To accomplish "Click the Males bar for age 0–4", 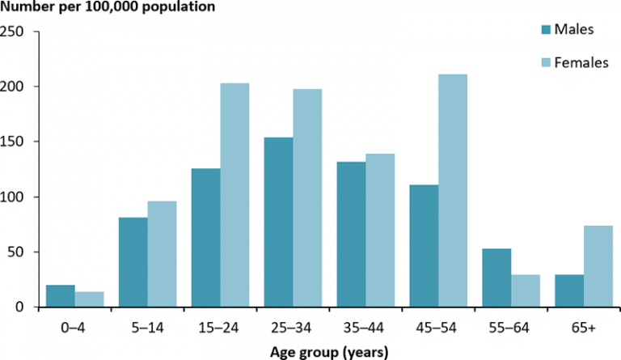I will (61, 296).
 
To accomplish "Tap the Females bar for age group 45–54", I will (453, 191).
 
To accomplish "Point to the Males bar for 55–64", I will (496, 277).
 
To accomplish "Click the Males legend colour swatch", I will (546, 30).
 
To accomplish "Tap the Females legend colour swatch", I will (546, 62).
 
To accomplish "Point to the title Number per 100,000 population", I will (108, 9).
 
